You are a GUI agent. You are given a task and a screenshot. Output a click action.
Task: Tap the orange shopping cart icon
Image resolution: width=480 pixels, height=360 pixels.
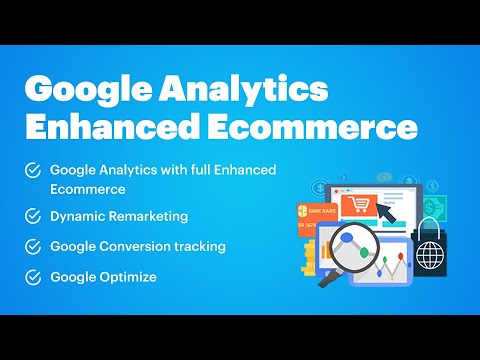(357, 207)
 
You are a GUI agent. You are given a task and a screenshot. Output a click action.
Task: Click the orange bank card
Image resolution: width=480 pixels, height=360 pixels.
(314, 218)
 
